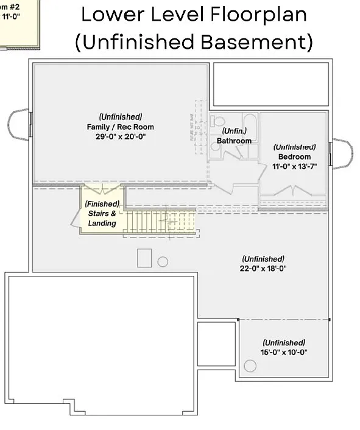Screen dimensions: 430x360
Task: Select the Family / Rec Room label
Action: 120,127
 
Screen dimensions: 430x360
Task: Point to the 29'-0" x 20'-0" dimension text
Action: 120,138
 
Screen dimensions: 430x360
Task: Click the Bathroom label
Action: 234,141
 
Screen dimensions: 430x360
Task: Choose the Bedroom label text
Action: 294,156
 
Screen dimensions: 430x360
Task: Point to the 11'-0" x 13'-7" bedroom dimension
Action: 294,166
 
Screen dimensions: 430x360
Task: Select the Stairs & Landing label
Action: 101,214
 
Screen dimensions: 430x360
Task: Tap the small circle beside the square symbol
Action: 163,262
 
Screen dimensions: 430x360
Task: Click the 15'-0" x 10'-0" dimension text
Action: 284,352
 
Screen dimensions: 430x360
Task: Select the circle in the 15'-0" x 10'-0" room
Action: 250,367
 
